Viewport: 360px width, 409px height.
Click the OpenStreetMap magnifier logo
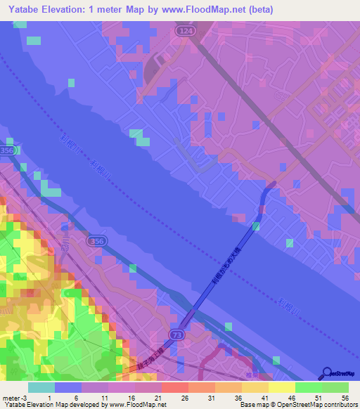click(x=326, y=373)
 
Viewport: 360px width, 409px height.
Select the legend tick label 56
click(x=344, y=397)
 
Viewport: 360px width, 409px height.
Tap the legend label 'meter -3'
click(x=13, y=397)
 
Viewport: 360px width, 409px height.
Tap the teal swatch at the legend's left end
click(x=41, y=387)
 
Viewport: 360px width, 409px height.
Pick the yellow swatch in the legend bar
click(x=281, y=387)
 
